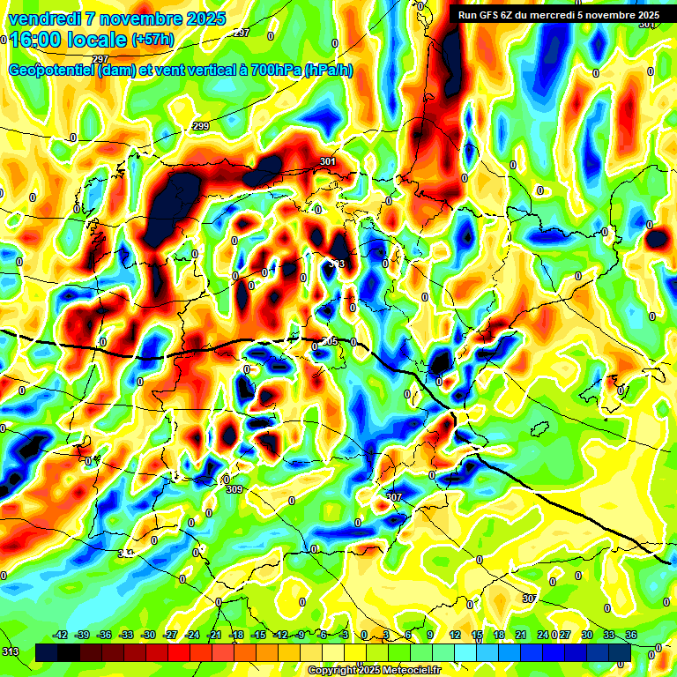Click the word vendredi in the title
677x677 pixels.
[x=41, y=19]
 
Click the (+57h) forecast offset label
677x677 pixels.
[x=153, y=41]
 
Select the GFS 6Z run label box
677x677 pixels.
[x=558, y=15]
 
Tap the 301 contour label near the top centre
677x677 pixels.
[x=328, y=162]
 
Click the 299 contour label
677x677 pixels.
[x=201, y=127]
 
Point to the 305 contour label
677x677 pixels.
[x=330, y=341]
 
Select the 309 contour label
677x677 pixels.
[x=234, y=489]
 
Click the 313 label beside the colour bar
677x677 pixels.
[x=10, y=651]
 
